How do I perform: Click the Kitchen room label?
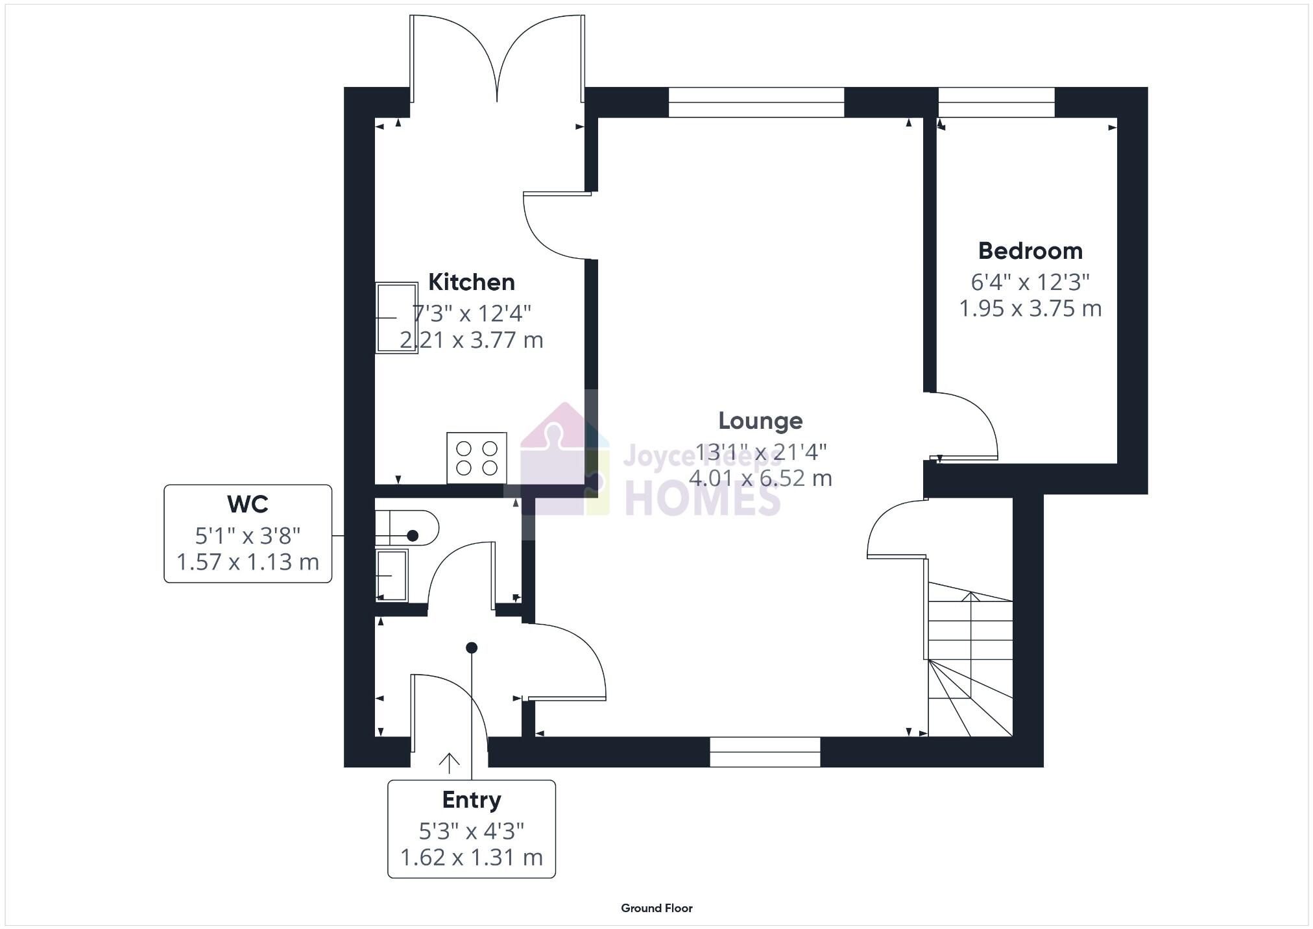pos(472,282)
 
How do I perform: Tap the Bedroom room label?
pos(1030,251)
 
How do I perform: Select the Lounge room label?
pos(760,421)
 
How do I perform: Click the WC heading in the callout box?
pos(248,504)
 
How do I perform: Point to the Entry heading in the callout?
pos(472,800)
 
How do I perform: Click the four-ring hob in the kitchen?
pos(476,458)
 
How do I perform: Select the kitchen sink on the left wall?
pos(396,317)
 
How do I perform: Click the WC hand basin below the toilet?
pos(392,575)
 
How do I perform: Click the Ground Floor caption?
pos(656,908)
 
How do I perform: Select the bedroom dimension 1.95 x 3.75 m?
pos(1030,309)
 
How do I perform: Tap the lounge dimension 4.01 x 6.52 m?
pos(760,479)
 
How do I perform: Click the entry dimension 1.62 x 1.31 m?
pos(472,858)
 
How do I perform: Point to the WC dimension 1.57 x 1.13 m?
pos(248,562)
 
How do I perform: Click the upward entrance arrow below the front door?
pos(449,763)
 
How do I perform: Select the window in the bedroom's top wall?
pos(996,103)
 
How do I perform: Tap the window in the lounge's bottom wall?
pos(765,752)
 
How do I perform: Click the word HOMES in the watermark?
pos(703,498)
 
